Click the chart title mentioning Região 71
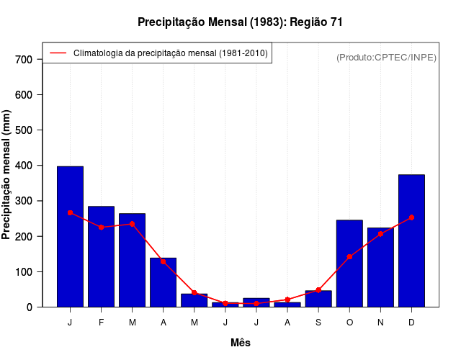pyautogui.click(x=240, y=22)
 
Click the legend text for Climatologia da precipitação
pyautogui.click(x=171, y=53)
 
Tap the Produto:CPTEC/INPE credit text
pyautogui.click(x=386, y=57)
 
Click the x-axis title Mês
pyautogui.click(x=241, y=343)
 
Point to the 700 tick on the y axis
pyautogui.click(x=23, y=59)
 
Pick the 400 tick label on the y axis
pyautogui.click(x=23, y=166)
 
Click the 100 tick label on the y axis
pyautogui.click(x=23, y=271)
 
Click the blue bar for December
pyautogui.click(x=411, y=240)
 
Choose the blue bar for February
pyautogui.click(x=101, y=256)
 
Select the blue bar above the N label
pyautogui.click(x=380, y=267)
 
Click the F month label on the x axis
pyautogui.click(x=101, y=323)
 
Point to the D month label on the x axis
pyautogui.click(x=411, y=323)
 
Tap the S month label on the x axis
pyautogui.click(x=318, y=323)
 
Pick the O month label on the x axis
pyautogui.click(x=349, y=323)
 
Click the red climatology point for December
pyautogui.click(x=411, y=217)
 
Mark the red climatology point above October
pyautogui.click(x=349, y=257)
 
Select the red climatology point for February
pyautogui.click(x=101, y=228)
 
